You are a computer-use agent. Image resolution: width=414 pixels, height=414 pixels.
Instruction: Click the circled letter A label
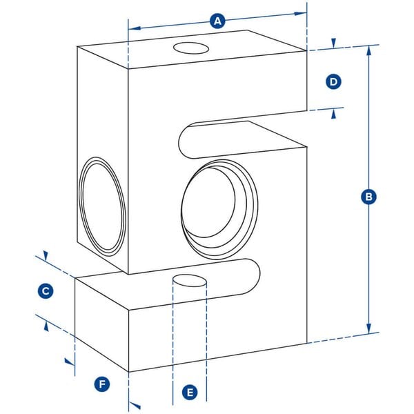click(218, 21)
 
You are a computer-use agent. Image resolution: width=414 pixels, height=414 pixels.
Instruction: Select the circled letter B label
click(369, 197)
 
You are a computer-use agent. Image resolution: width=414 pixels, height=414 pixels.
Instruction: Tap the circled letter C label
click(45, 291)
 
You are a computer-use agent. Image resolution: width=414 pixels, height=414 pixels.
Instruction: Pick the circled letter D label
click(333, 82)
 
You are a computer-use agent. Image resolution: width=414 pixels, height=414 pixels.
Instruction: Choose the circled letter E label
click(190, 393)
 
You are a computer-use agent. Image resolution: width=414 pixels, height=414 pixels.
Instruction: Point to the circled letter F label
click(102, 384)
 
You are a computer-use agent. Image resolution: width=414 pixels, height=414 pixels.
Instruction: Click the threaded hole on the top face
click(191, 48)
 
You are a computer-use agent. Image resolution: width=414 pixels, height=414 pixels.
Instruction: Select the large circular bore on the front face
click(217, 206)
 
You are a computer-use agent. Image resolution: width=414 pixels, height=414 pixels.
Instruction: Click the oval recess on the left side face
click(103, 206)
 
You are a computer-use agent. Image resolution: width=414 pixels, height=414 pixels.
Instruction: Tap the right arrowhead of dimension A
click(302, 13)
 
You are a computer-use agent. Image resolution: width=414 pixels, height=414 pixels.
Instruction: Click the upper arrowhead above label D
click(333, 43)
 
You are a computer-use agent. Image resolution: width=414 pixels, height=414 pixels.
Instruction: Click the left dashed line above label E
click(172, 331)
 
